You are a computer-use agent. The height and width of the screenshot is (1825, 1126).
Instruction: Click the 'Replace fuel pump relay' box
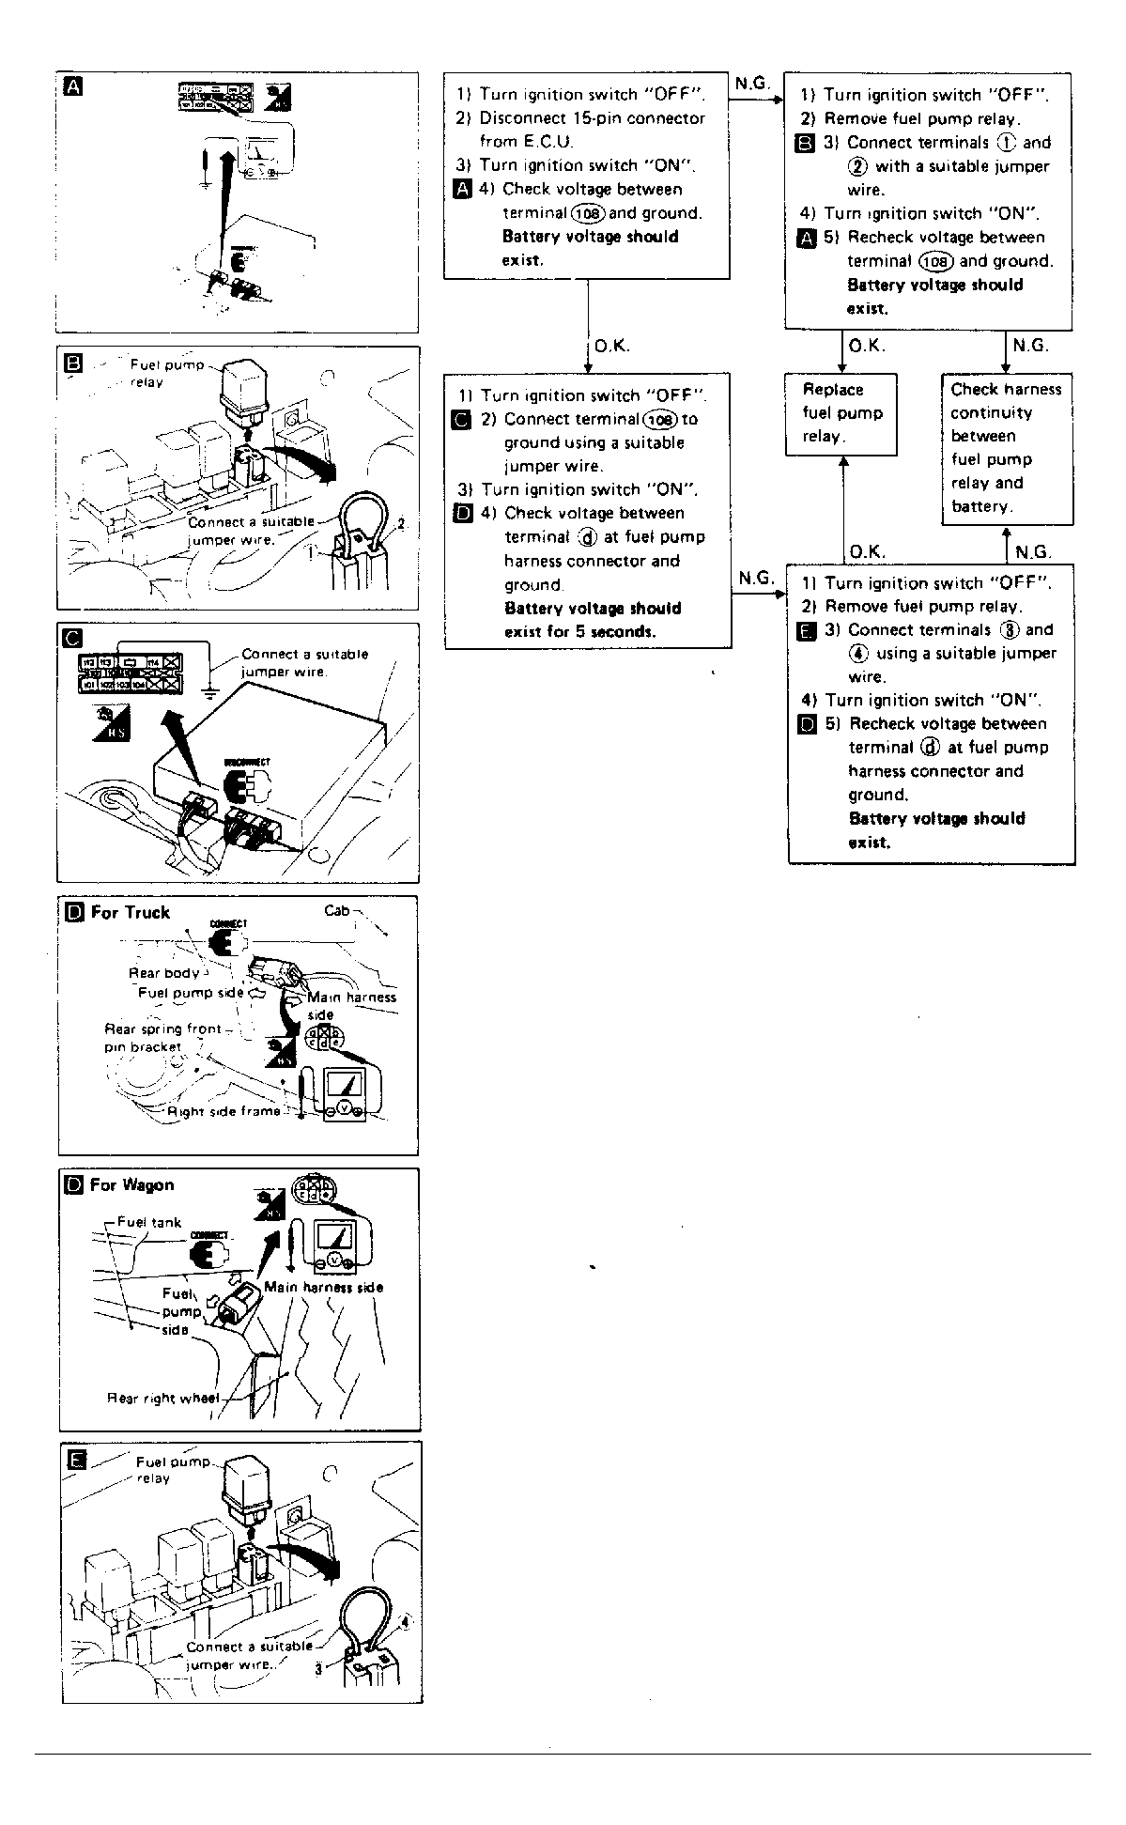tap(841, 413)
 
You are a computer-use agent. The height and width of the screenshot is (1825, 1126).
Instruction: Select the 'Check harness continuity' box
tap(1006, 448)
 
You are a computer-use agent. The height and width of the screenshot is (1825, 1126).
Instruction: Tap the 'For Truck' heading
tap(131, 912)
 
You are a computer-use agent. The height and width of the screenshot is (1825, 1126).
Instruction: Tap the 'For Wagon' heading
tap(131, 1185)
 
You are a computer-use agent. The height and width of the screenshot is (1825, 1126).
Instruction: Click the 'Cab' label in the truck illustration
tap(336, 910)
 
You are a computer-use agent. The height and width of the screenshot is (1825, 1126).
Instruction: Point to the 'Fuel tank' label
tap(149, 1222)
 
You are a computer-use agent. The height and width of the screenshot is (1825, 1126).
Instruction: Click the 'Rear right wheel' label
tap(162, 1398)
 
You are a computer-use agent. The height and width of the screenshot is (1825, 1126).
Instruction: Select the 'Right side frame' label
tap(224, 1111)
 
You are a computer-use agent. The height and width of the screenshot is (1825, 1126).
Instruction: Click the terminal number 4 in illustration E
tap(406, 1621)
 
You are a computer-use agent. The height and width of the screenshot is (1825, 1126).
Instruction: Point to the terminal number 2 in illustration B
tap(401, 523)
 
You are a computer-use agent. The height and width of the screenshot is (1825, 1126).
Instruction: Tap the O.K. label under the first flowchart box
tap(612, 346)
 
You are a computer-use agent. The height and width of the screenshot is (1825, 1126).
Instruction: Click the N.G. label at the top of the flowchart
tap(751, 84)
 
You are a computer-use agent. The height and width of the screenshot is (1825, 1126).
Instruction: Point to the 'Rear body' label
tap(163, 973)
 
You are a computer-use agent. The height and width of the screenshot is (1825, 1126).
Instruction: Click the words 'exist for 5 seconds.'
tap(579, 631)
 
